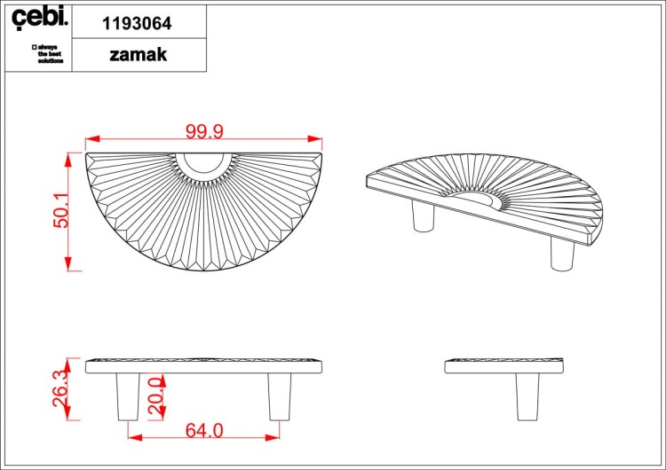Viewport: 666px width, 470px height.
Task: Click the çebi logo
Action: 39,18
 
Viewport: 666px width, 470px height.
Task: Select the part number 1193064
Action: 137,23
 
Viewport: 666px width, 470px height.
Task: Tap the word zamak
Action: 138,55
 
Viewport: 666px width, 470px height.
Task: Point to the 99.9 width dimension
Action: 204,131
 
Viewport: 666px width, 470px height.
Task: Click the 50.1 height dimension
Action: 61,210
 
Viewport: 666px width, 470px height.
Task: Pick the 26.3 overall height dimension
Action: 60,388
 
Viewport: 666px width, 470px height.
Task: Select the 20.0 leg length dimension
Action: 156,396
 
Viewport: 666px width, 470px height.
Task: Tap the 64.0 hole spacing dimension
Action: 204,431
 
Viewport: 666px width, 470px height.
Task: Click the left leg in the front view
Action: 128,396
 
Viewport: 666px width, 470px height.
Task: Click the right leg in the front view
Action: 280,396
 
